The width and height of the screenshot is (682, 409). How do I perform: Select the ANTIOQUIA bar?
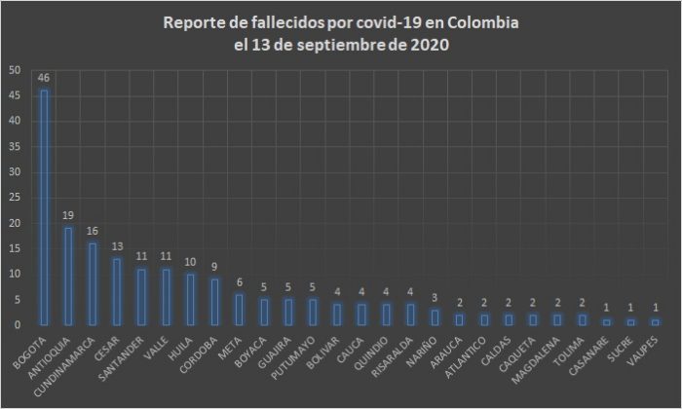[68, 276]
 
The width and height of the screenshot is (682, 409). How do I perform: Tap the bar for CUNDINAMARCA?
[92, 283]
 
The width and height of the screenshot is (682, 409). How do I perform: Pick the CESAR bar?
[117, 291]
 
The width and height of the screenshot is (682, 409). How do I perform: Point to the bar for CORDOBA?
[215, 301]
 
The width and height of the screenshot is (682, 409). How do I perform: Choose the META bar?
[240, 309]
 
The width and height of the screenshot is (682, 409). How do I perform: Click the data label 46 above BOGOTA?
[44, 77]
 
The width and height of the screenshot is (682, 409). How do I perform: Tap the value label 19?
[68, 215]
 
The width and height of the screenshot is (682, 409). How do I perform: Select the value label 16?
[93, 231]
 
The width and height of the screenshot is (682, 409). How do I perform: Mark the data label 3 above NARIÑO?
[436, 297]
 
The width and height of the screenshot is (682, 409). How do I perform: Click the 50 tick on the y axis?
[14, 71]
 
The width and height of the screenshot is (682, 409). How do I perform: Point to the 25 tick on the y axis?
[14, 198]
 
